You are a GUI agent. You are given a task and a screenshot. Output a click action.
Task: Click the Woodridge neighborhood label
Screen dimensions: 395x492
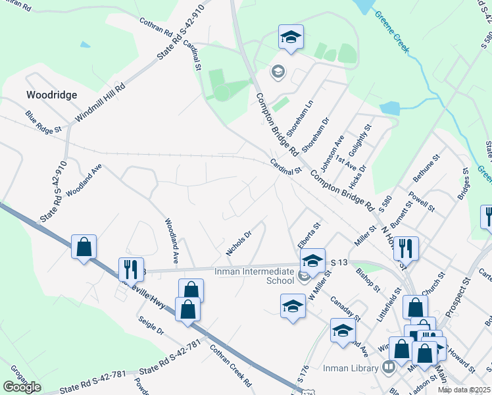51,95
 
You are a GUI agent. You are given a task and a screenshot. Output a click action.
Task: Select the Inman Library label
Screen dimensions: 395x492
351,368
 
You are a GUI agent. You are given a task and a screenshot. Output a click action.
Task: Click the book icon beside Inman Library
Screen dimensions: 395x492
389,367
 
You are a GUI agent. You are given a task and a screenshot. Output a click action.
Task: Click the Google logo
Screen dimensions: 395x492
22,387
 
